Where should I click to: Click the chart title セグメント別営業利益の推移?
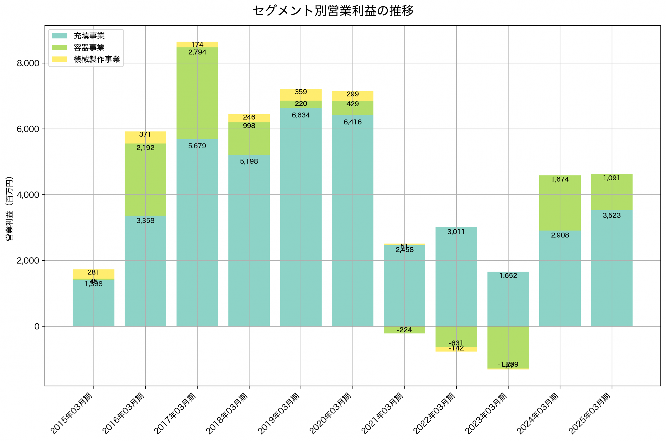tap(333, 11)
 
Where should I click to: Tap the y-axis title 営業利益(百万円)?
tap(9, 208)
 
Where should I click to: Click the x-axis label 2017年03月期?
tap(175, 413)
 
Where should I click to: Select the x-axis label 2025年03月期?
tap(590, 413)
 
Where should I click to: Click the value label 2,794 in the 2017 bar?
tap(197, 52)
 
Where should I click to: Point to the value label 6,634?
tap(301, 115)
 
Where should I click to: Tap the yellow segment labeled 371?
tap(145, 138)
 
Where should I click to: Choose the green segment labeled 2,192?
tap(145, 180)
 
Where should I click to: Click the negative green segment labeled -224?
tap(405, 330)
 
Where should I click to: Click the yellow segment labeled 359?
tap(301, 95)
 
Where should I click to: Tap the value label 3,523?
tap(612, 215)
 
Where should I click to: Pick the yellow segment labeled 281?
tap(93, 274)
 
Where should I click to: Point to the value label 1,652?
tap(508, 276)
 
